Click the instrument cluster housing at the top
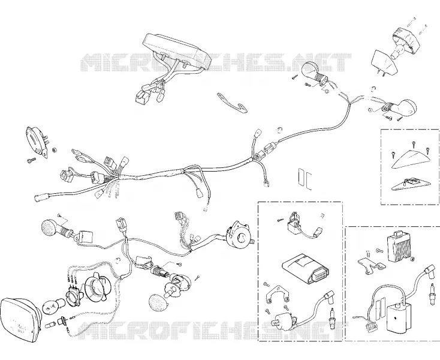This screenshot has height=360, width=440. (x=177, y=52)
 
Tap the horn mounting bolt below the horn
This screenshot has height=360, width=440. (x=31, y=160)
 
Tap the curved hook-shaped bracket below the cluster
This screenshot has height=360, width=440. (x=231, y=103)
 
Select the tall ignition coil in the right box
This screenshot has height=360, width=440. (x=399, y=317)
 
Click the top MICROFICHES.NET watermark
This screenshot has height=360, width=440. (x=216, y=62)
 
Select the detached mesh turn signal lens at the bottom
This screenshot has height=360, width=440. (x=158, y=302)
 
